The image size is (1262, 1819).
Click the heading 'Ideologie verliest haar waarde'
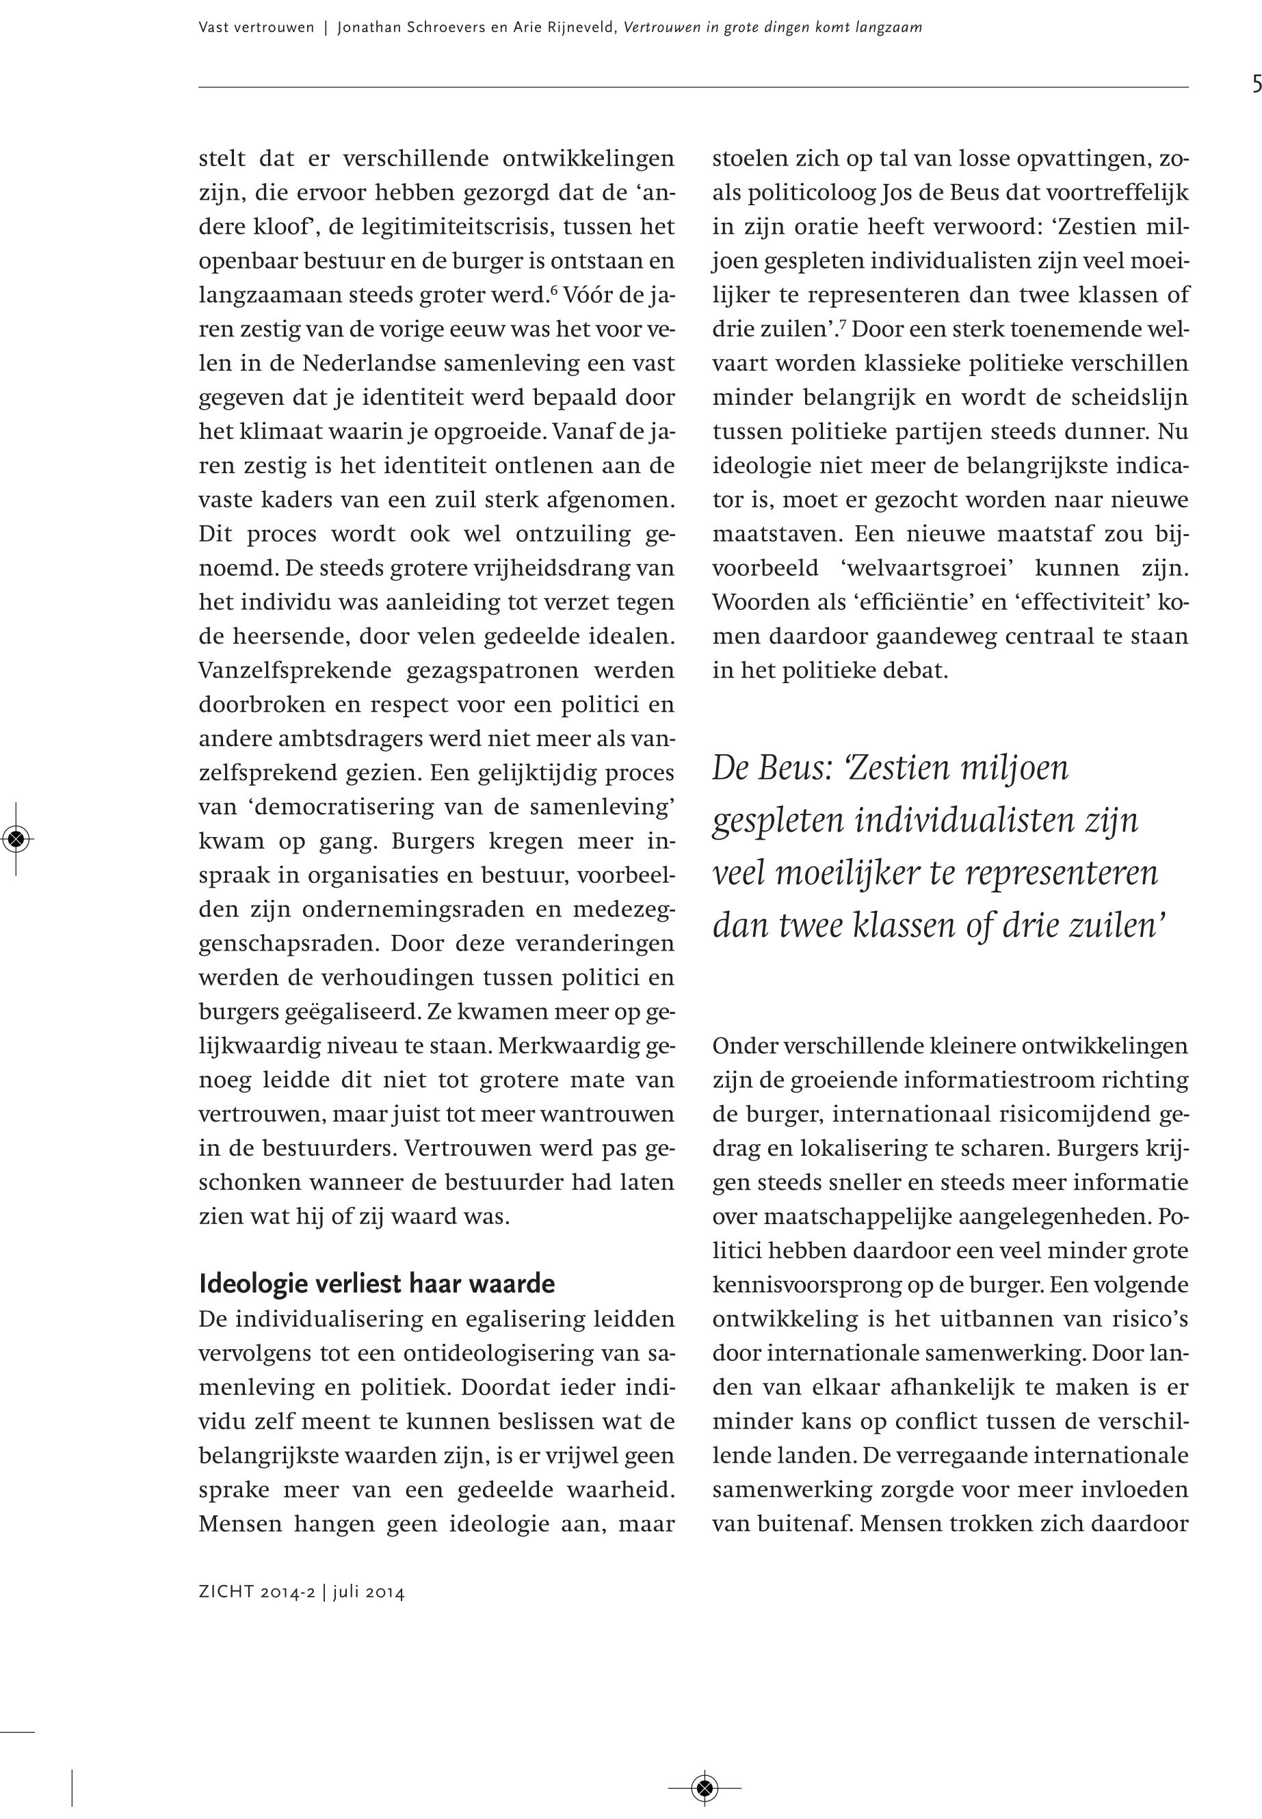[x=376, y=1283]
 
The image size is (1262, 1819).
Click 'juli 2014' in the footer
[x=369, y=1592]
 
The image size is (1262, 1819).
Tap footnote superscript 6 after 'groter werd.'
[x=554, y=290]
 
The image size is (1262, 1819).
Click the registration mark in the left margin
[x=16, y=838]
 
